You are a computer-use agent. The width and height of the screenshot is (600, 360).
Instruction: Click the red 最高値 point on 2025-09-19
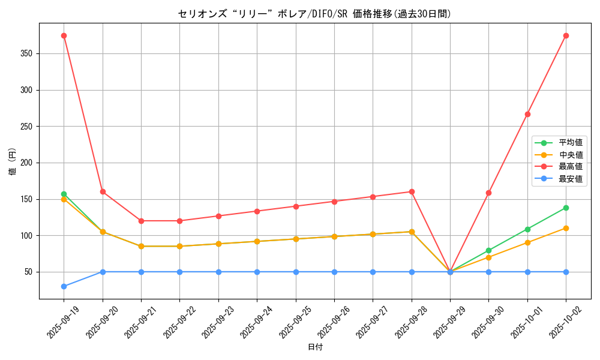(64, 35)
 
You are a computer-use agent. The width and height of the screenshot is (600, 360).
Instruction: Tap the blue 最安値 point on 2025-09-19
(64, 286)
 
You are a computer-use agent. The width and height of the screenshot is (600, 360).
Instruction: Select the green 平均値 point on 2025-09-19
(64, 194)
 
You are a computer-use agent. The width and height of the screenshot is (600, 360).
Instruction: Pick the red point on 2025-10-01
(527, 114)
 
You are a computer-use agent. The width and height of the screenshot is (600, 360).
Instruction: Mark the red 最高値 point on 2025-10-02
(566, 35)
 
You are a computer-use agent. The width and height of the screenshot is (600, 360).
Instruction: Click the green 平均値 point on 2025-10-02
(566, 208)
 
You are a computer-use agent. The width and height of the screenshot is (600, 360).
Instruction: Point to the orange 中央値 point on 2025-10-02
(566, 228)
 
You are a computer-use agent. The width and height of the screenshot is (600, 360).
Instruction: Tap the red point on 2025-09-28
(412, 191)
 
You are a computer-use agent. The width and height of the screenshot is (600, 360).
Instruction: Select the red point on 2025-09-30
(488, 193)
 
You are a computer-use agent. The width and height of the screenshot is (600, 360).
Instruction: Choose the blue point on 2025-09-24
(257, 272)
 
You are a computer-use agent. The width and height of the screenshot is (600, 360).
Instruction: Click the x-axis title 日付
(315, 347)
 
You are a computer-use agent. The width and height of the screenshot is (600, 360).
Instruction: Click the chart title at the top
(314, 14)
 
